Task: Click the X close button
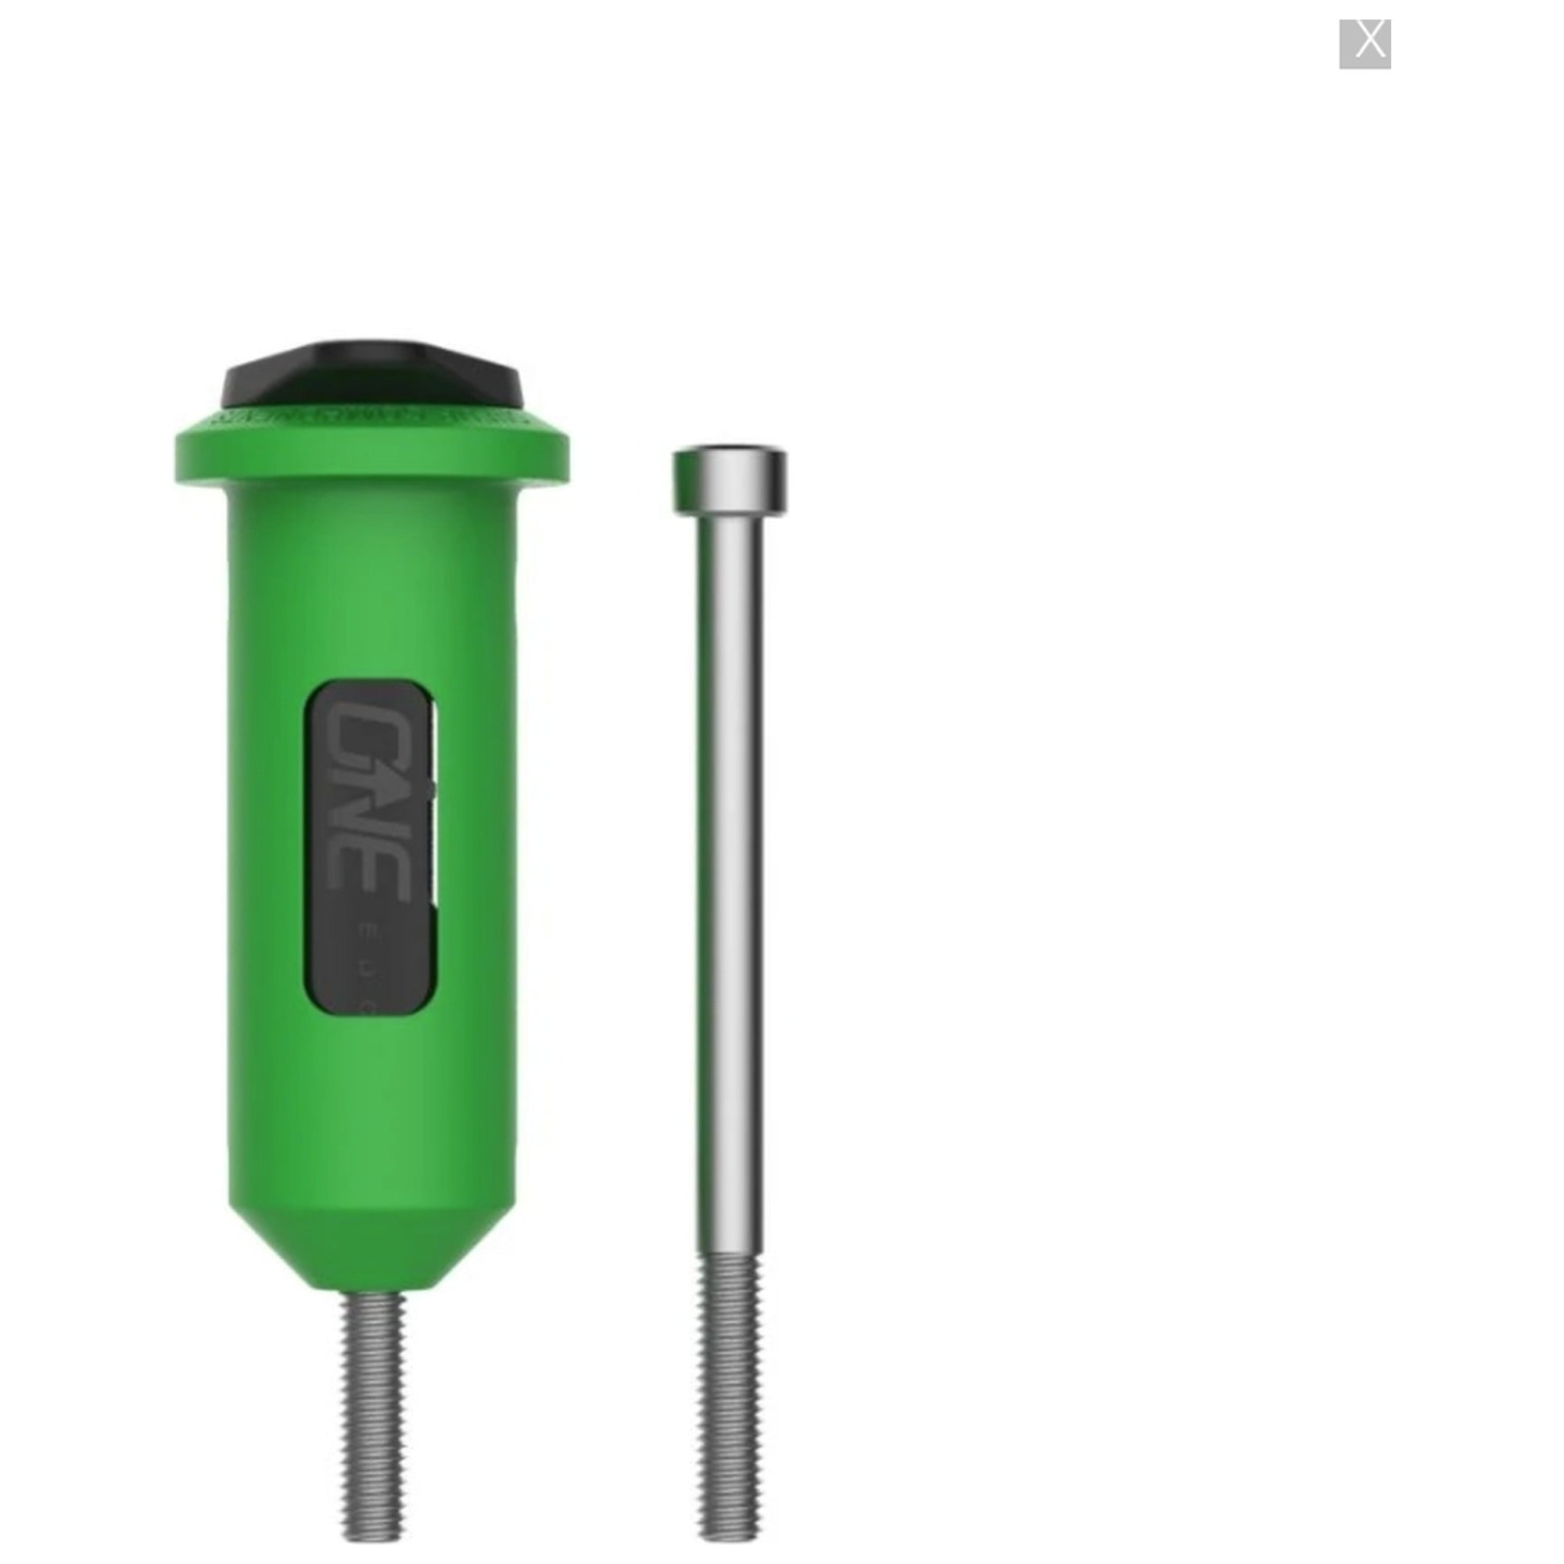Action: point(1364,44)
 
